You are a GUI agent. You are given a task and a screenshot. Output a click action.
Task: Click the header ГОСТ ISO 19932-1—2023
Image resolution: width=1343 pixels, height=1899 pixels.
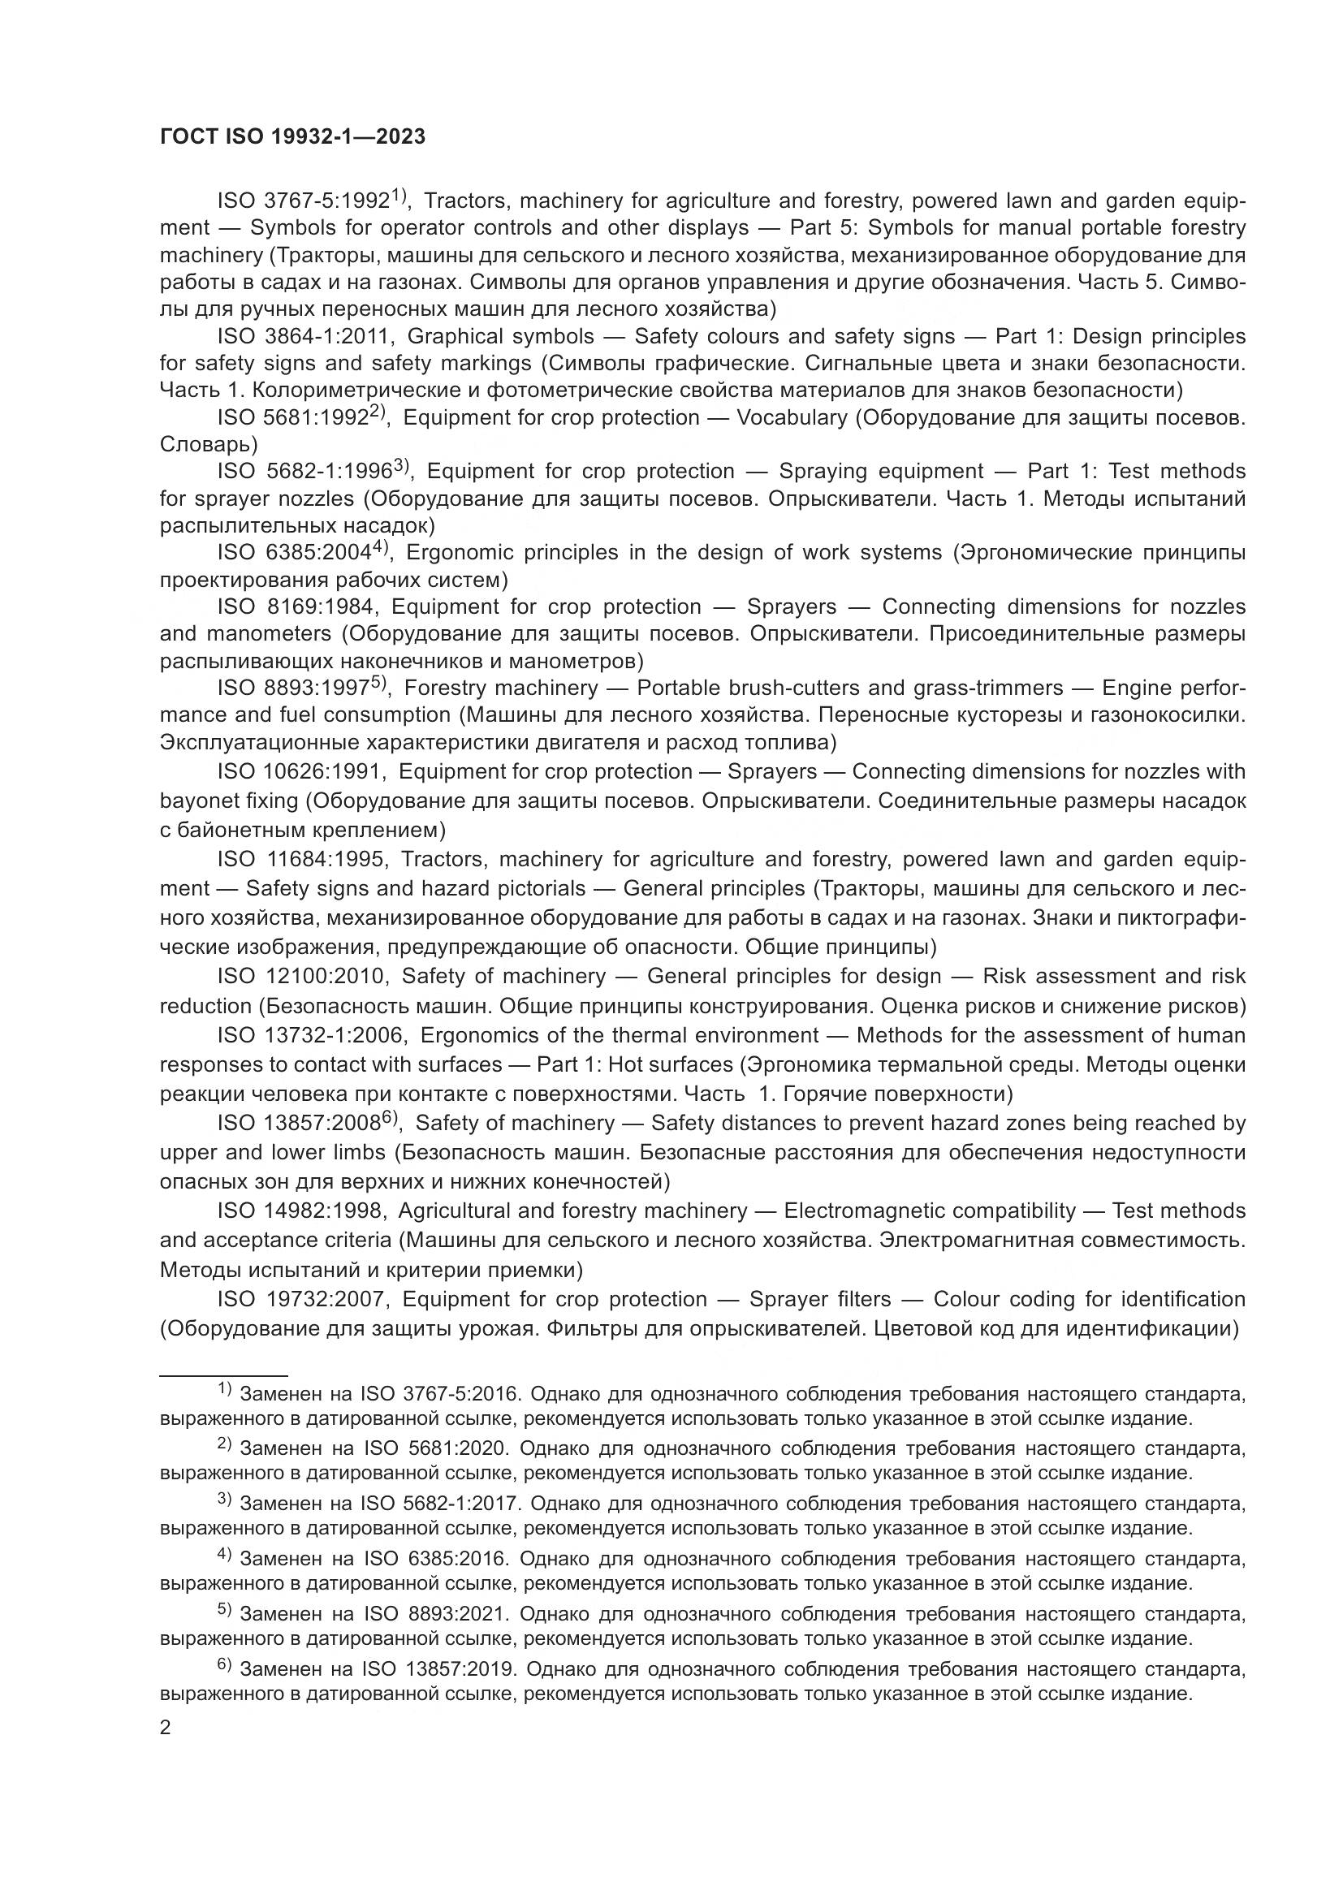(293, 137)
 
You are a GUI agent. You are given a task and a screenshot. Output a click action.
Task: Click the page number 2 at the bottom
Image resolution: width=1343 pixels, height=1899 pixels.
(166, 1727)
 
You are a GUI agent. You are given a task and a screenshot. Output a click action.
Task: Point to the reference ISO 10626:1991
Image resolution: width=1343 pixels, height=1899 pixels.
(301, 771)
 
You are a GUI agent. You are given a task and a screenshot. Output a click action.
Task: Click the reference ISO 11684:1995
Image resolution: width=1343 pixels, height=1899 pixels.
(302, 859)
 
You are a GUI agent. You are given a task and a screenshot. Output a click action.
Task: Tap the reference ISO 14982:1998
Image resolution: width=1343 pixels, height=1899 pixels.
(302, 1211)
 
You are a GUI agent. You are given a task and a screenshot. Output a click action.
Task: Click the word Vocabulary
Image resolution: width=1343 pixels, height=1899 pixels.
(792, 417)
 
